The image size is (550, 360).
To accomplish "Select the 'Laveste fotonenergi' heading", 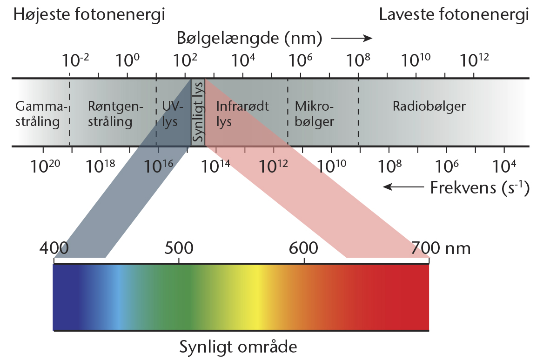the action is [x=454, y=15].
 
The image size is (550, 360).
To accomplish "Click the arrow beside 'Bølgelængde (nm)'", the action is [x=351, y=38].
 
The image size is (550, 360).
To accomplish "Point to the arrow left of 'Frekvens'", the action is [x=403, y=187].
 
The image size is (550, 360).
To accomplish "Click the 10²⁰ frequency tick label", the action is [x=45, y=166].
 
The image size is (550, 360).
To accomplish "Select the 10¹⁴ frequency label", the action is [x=215, y=166].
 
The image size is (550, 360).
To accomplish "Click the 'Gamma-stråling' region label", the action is [x=41, y=114].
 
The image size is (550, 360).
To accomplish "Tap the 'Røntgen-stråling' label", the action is [x=115, y=114].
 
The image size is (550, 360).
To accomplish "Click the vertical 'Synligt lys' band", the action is [x=198, y=112].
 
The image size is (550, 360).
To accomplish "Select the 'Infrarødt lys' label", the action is [x=242, y=114].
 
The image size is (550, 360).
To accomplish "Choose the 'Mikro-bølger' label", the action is [x=314, y=114].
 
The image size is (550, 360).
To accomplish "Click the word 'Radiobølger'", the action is [x=429, y=106].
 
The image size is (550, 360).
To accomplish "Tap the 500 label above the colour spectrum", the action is [x=179, y=248].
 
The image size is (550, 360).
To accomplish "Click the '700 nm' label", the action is [x=441, y=248].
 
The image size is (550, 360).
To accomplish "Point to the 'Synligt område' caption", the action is [x=238, y=347].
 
